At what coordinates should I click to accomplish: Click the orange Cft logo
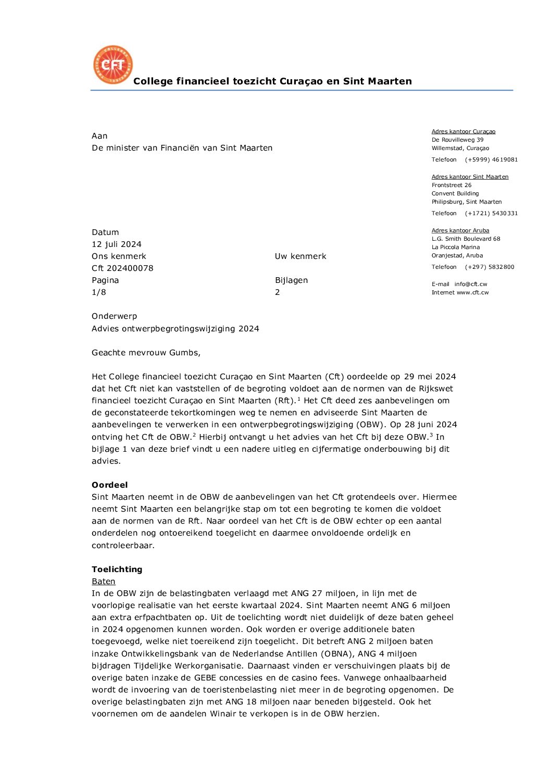pos(112,65)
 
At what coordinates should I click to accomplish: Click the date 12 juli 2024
pos(117,244)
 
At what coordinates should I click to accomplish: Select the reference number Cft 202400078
pos(122,268)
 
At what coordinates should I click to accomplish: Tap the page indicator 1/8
pos(99,292)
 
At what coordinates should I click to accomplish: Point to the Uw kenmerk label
pos(300,256)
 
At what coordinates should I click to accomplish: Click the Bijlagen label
pos(291,280)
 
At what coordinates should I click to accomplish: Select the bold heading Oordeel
pos(110,485)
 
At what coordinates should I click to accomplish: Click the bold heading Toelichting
pos(117,569)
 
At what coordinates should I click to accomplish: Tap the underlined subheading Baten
pos(104,581)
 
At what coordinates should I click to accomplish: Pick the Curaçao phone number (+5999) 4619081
pos(491,160)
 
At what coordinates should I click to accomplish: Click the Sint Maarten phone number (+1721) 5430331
pos(491,214)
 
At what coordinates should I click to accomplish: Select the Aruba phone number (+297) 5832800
pos(490,267)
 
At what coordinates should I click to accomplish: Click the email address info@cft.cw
pos(471,284)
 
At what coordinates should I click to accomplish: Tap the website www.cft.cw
pos(473,293)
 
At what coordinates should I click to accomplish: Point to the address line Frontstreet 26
pos(452,185)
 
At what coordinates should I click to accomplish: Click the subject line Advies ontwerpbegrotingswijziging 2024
pos(176,329)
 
